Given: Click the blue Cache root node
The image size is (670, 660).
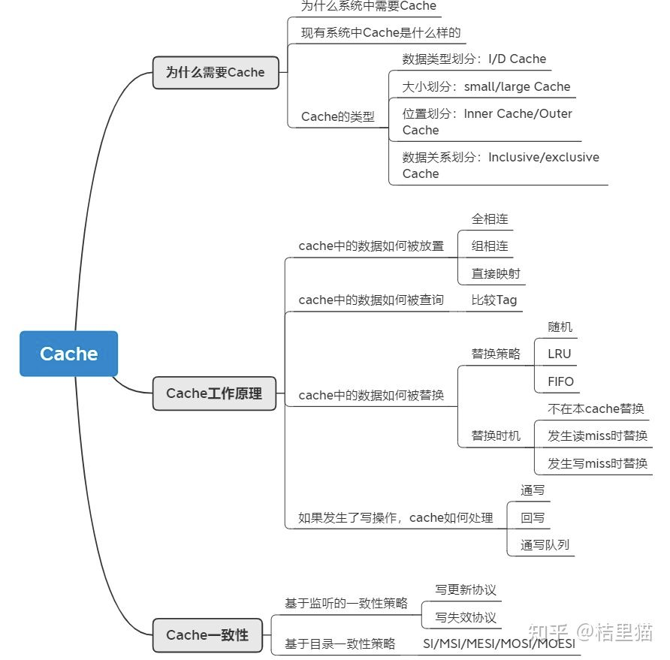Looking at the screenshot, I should pyautogui.click(x=68, y=354).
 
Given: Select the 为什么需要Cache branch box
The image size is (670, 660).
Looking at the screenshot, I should pyautogui.click(x=215, y=73).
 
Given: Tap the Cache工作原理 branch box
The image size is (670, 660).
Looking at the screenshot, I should pyautogui.click(x=214, y=393).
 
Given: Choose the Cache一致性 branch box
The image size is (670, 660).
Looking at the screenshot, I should pyautogui.click(x=207, y=635).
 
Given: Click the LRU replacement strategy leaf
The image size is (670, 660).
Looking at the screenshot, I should pyautogui.click(x=560, y=354).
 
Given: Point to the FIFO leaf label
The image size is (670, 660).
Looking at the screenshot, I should pyautogui.click(x=560, y=381).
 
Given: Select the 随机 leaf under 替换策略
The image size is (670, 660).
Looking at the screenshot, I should pyautogui.click(x=560, y=327).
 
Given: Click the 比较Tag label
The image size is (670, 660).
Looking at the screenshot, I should pyautogui.click(x=494, y=300).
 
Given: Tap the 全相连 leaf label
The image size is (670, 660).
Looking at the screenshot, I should pyautogui.click(x=490, y=218).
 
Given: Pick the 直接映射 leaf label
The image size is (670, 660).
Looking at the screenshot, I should pyautogui.click(x=496, y=273).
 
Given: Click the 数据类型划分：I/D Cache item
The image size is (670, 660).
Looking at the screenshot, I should pyautogui.click(x=474, y=59).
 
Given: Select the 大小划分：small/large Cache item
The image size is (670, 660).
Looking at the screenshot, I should pyautogui.click(x=486, y=86).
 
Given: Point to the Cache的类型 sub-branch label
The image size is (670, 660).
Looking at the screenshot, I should pyautogui.click(x=337, y=116).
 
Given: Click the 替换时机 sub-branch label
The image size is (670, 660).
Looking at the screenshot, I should pyautogui.click(x=496, y=435).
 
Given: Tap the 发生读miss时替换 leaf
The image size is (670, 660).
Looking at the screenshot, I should pyautogui.click(x=597, y=435).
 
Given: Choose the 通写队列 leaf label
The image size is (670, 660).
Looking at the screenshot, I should pyautogui.click(x=539, y=544).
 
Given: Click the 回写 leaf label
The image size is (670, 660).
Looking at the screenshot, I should pyautogui.click(x=533, y=517).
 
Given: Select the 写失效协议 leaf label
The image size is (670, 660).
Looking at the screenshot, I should pyautogui.click(x=466, y=617).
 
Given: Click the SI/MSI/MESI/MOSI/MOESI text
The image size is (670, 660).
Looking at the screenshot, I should pyautogui.click(x=499, y=644).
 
